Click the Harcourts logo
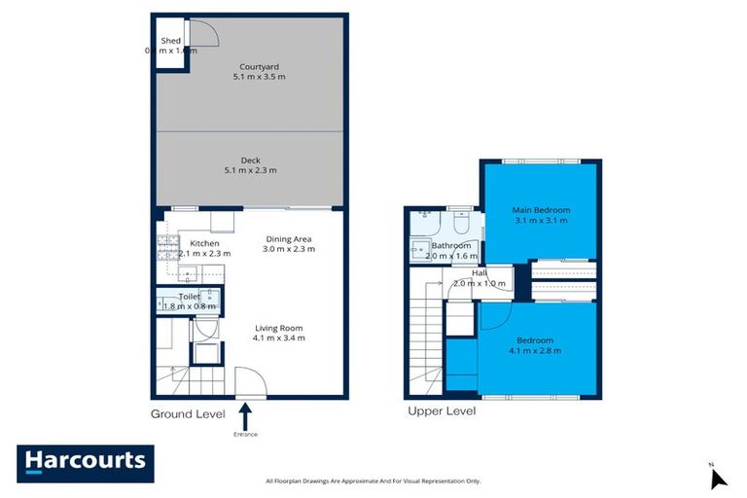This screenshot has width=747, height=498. (86, 463)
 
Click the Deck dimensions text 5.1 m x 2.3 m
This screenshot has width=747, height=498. (250, 171)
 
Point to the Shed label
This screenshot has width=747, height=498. (171, 41)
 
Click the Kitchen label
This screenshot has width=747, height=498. (204, 243)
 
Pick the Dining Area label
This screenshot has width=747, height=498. (290, 238)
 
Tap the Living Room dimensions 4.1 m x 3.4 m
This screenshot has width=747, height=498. (280, 338)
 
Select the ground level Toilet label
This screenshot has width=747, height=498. (189, 296)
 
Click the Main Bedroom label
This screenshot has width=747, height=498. (542, 210)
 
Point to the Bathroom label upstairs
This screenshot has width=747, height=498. (451, 246)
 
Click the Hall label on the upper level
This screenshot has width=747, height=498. (479, 273)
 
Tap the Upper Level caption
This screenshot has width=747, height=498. (441, 411)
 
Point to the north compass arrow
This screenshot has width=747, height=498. (718, 478)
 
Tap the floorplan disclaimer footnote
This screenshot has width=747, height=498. (373, 480)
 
